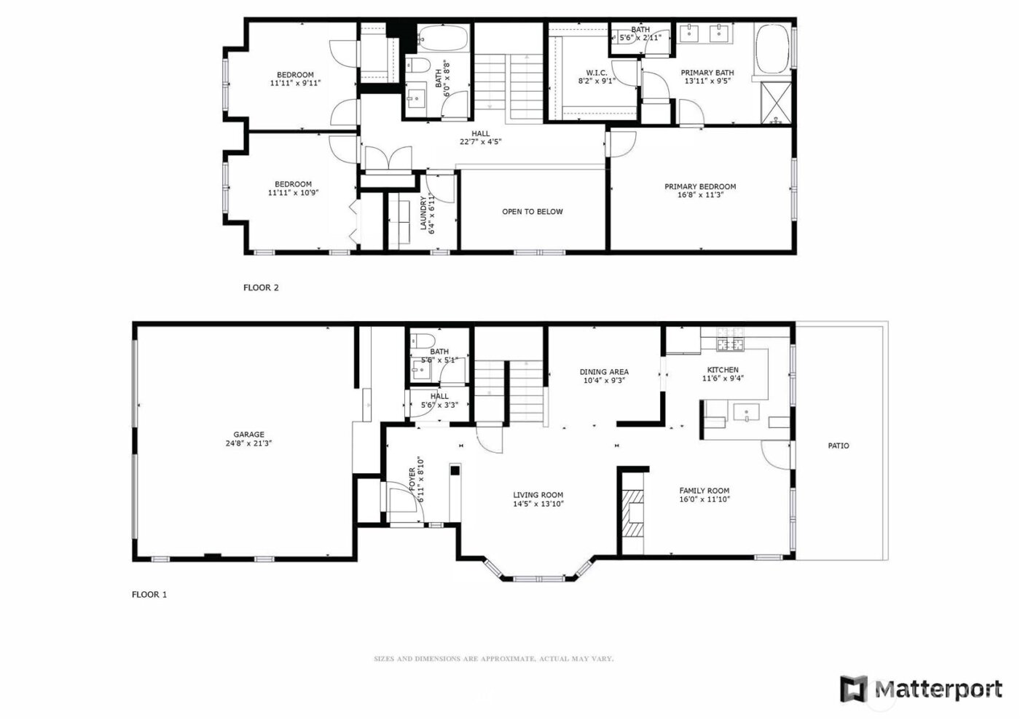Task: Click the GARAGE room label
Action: (248, 435)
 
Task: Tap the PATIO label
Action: (838, 446)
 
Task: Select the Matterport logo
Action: (921, 689)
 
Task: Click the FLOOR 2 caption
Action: (261, 288)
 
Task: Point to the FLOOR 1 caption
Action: (149, 594)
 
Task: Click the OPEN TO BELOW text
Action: (532, 212)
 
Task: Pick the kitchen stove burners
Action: (731, 342)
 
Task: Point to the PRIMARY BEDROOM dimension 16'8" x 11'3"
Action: (699, 195)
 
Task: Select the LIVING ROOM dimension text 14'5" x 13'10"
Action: (538, 504)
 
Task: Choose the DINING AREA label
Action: (604, 372)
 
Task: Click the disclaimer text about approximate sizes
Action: (493, 659)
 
